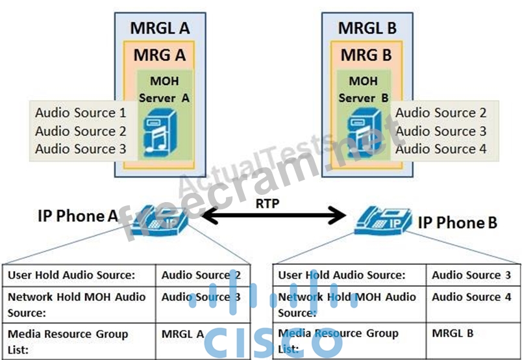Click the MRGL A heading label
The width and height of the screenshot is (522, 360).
coord(160,28)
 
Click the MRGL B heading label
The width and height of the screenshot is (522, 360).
coord(367,28)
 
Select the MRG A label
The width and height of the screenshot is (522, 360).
coord(160,55)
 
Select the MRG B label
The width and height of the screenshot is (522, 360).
coord(367,55)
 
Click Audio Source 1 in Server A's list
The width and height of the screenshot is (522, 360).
coord(81,112)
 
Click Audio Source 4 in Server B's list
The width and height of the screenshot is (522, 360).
coord(441,149)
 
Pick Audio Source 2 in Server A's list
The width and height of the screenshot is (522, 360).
coord(81,131)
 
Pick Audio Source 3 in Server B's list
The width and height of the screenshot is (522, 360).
coord(441,131)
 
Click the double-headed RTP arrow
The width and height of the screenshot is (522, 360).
coord(272,214)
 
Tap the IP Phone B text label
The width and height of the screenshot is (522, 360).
coord(458,223)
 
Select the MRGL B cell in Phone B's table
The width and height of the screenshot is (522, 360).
coord(453,333)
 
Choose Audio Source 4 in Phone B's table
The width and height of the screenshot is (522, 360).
coord(466,297)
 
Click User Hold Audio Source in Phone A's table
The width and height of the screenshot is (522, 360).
coord(71,275)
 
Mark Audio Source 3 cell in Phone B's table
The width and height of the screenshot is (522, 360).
coord(466,275)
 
